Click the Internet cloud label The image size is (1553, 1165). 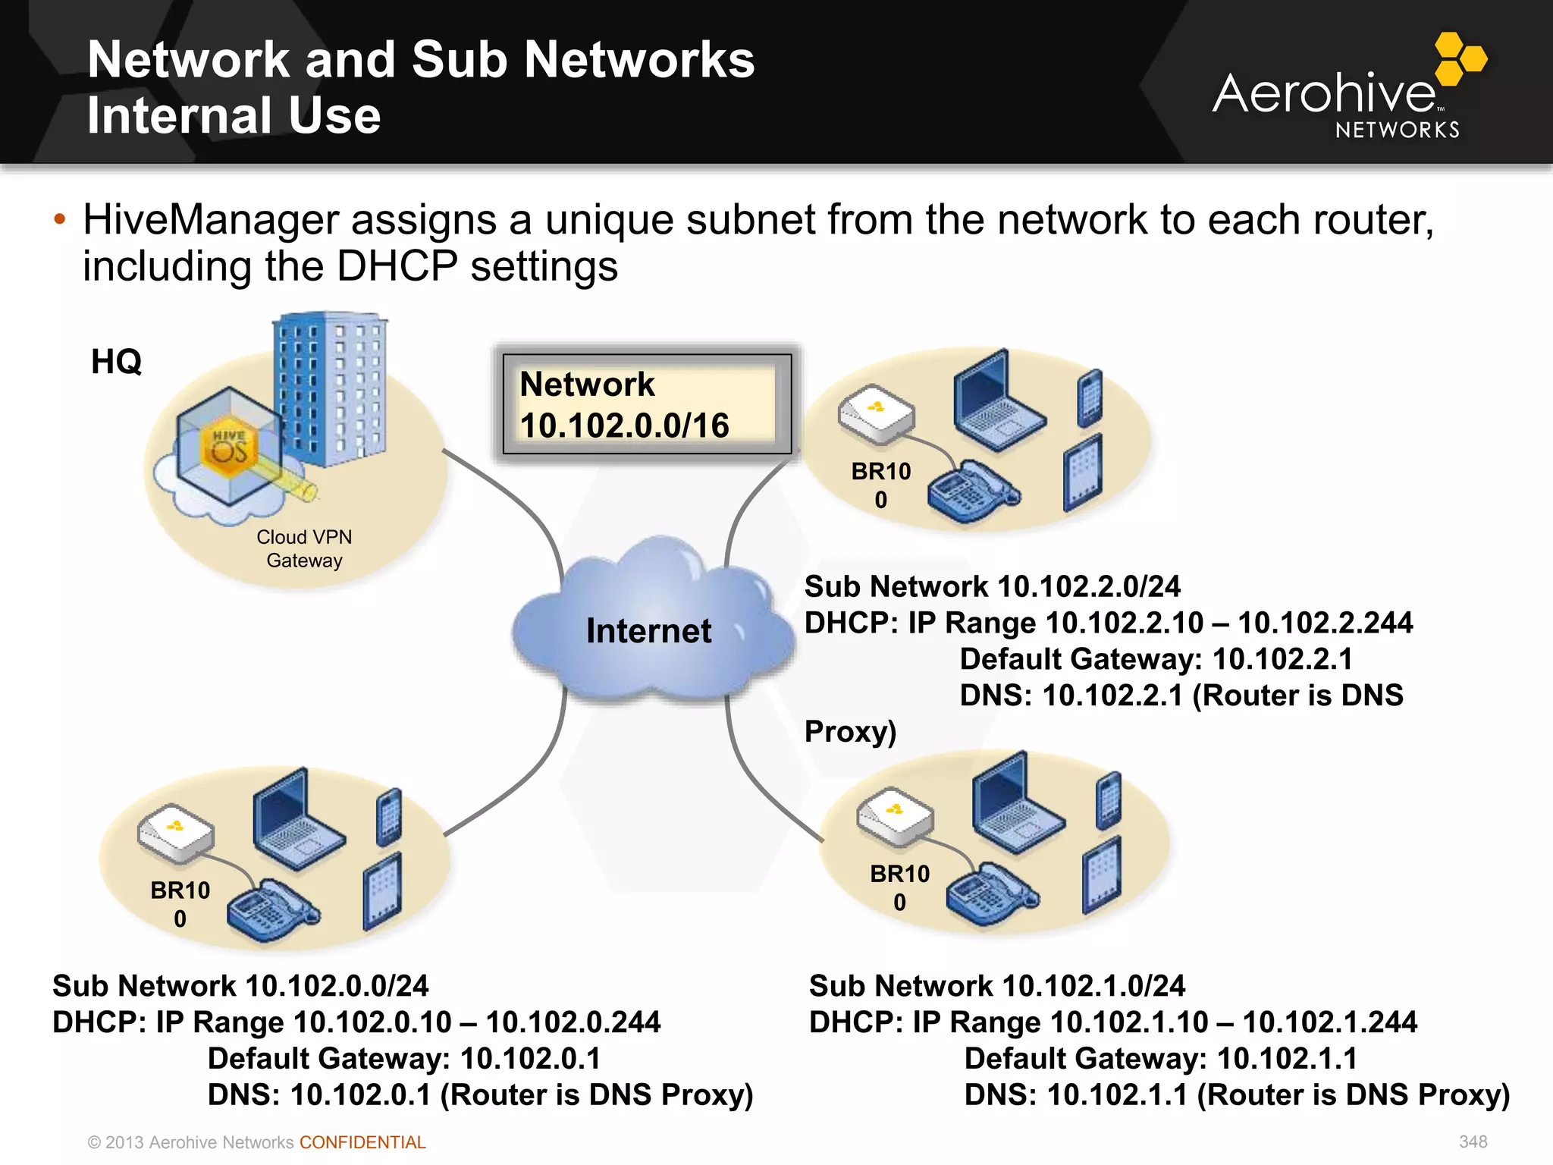coord(648,631)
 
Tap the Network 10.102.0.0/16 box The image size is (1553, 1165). coord(646,404)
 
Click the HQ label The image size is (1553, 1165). coord(116,362)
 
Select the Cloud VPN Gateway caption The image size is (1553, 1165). coord(304,548)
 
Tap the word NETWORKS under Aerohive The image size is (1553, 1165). coord(1397,130)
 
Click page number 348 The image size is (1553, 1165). coord(1473,1141)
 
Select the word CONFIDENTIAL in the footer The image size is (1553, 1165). coord(362,1142)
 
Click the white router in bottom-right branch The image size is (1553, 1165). coord(895,816)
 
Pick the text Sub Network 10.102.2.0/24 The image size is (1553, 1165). coord(992,586)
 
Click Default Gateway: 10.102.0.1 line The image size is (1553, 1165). coord(403,1058)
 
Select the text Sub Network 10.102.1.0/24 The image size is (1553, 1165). coord(996,985)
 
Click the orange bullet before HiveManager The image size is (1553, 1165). coord(60,220)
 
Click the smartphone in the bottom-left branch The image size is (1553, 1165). coord(388,817)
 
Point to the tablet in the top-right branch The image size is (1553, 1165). coord(1082,473)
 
